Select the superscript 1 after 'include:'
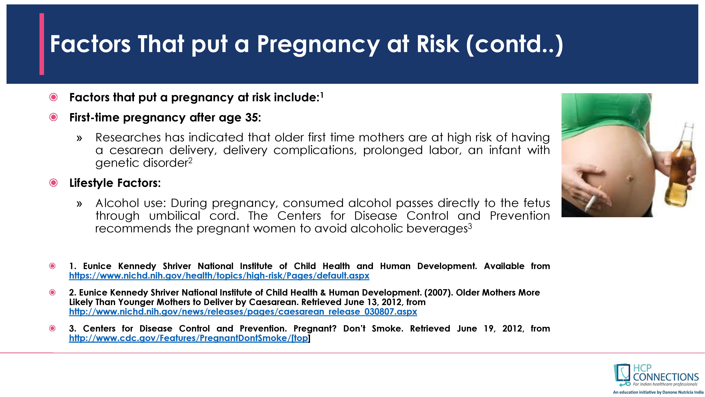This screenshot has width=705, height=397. click(322, 95)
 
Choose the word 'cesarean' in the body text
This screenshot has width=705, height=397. click(136, 150)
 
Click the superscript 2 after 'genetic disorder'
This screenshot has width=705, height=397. click(190, 161)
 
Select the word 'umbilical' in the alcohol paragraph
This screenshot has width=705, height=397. click(175, 216)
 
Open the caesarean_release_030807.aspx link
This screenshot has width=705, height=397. click(243, 312)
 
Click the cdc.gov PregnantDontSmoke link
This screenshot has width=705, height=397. click(189, 338)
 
